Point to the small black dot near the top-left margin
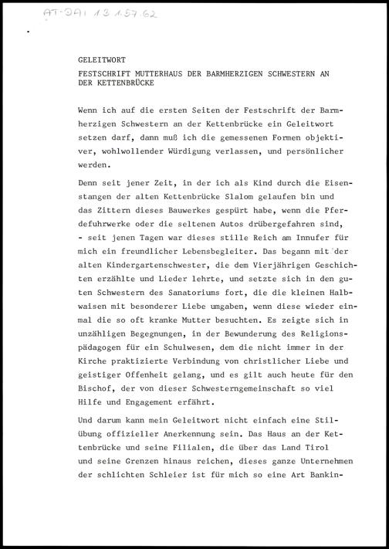click(29, 32)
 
